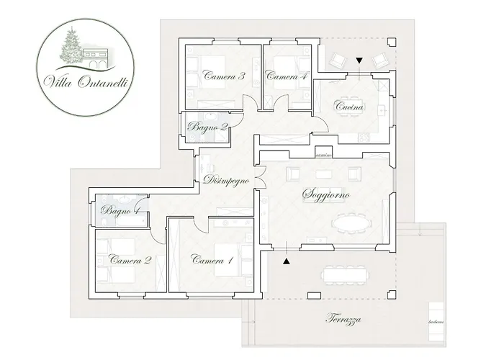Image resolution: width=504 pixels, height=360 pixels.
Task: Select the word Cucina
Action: tap(351, 107)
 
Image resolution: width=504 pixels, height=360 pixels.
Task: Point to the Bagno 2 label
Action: tap(208, 127)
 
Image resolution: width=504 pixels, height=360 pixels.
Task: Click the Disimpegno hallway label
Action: tap(226, 180)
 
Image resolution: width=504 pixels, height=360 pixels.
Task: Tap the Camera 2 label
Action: tap(130, 260)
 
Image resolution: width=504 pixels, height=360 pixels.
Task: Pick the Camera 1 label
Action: tap(212, 260)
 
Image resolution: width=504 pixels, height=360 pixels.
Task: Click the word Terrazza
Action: tap(343, 319)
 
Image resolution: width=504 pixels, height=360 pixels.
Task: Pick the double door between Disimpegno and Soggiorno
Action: tap(257, 176)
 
